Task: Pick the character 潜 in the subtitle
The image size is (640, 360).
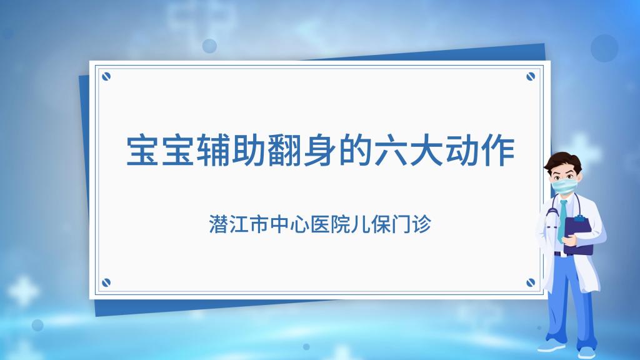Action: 218,224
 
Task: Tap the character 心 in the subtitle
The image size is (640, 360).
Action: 299,224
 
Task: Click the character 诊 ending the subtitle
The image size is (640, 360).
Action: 422,224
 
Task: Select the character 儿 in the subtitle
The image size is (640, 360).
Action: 361,224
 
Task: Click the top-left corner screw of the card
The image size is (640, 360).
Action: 106,76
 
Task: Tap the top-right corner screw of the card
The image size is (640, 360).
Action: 531,76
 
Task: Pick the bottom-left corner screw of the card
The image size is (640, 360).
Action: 106,282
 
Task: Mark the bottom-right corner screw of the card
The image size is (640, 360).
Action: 531,282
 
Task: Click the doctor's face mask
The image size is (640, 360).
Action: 564,186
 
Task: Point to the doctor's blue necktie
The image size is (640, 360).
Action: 562,221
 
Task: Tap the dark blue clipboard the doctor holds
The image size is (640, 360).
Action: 579,236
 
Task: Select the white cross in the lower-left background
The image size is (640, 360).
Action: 23,291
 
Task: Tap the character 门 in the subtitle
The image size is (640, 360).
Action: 401,224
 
